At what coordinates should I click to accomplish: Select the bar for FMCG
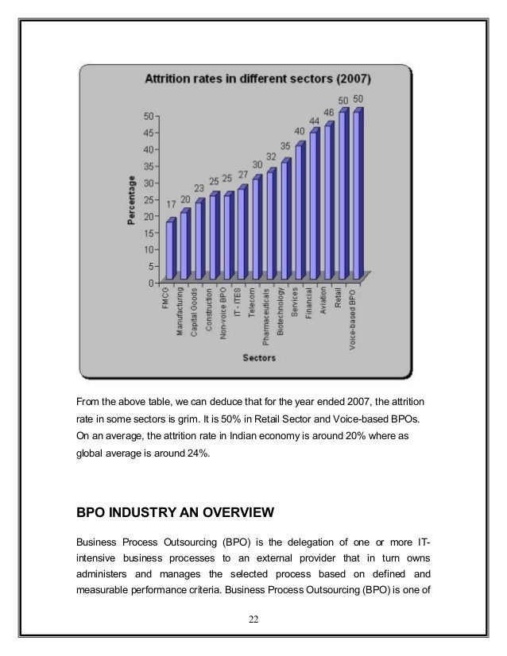(x=169, y=250)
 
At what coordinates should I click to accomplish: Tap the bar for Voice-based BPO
(x=357, y=195)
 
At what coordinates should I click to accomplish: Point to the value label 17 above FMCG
(x=172, y=204)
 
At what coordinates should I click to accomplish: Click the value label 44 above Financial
(x=314, y=121)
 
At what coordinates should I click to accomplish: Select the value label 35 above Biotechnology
(x=284, y=147)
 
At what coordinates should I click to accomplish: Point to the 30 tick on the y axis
(x=149, y=182)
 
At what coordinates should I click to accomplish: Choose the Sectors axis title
(x=259, y=358)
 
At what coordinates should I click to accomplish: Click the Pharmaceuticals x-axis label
(x=268, y=316)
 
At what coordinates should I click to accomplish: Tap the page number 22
(x=253, y=619)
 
